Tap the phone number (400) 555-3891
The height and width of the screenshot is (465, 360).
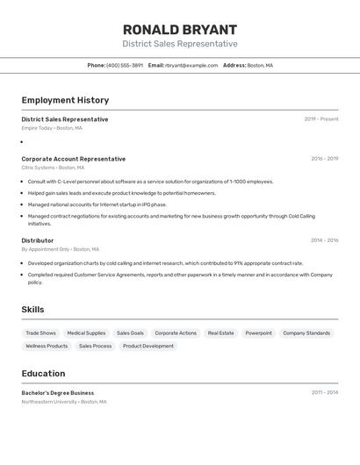pyautogui.click(x=125, y=65)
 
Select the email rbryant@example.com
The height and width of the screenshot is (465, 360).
pyautogui.click(x=191, y=65)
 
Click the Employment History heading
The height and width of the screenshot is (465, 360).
pyautogui.click(x=65, y=100)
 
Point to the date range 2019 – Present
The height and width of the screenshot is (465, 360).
pyautogui.click(x=321, y=119)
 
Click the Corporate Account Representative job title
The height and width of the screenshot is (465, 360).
pyautogui.click(x=74, y=159)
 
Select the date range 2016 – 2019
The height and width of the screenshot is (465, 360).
pyautogui.click(x=324, y=159)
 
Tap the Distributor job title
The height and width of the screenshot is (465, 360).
pyautogui.click(x=38, y=240)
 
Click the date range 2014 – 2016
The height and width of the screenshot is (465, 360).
pyautogui.click(x=324, y=240)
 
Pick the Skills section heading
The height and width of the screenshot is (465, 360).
pyautogui.click(x=32, y=310)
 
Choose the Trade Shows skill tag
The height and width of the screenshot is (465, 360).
pyautogui.click(x=40, y=333)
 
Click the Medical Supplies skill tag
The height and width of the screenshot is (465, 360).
pyautogui.click(x=86, y=333)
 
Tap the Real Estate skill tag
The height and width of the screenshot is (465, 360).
pyautogui.click(x=220, y=333)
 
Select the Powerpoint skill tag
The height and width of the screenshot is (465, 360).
pyautogui.click(x=258, y=333)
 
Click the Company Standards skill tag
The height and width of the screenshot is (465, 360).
pyautogui.click(x=306, y=333)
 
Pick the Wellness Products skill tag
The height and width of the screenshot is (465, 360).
pyautogui.click(x=47, y=347)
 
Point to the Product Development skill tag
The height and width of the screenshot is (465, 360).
pyautogui.click(x=148, y=347)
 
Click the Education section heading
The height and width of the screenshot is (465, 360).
pyautogui.click(x=43, y=374)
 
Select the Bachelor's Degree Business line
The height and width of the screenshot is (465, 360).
pyautogui.click(x=58, y=393)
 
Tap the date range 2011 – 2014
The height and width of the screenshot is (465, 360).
pyautogui.click(x=324, y=393)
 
